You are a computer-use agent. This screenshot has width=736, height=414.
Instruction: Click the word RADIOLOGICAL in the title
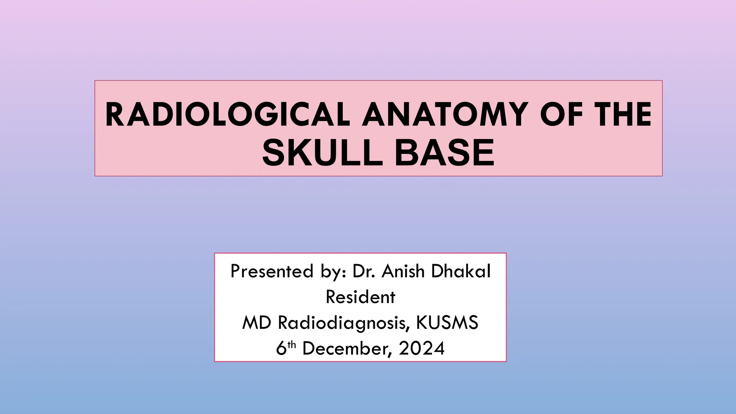point(227,115)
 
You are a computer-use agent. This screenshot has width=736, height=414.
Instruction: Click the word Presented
point(272,271)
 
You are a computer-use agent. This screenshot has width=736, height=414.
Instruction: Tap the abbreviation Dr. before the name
point(364,271)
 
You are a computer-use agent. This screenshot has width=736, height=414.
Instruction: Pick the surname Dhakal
point(461,271)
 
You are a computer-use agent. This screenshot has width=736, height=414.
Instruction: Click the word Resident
point(360,297)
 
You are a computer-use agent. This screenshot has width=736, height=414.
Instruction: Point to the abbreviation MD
point(257,323)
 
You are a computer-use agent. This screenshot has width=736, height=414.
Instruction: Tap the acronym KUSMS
point(447,323)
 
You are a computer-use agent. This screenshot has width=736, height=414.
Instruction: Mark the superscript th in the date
point(291,345)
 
